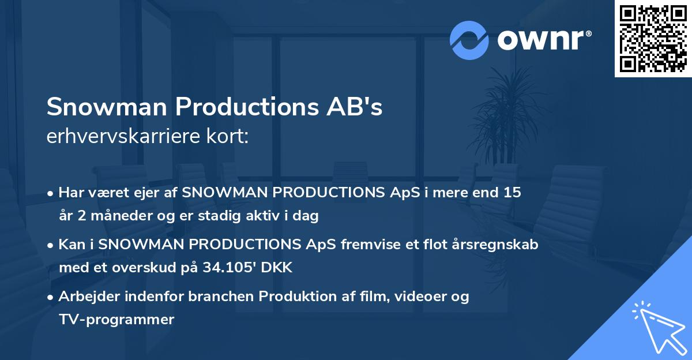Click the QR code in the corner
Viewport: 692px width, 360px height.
pos(653,38)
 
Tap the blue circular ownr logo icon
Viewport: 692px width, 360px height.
pos(469,40)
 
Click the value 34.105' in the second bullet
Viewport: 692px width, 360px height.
pos(233,268)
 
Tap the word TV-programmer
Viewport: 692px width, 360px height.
pos(116,319)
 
